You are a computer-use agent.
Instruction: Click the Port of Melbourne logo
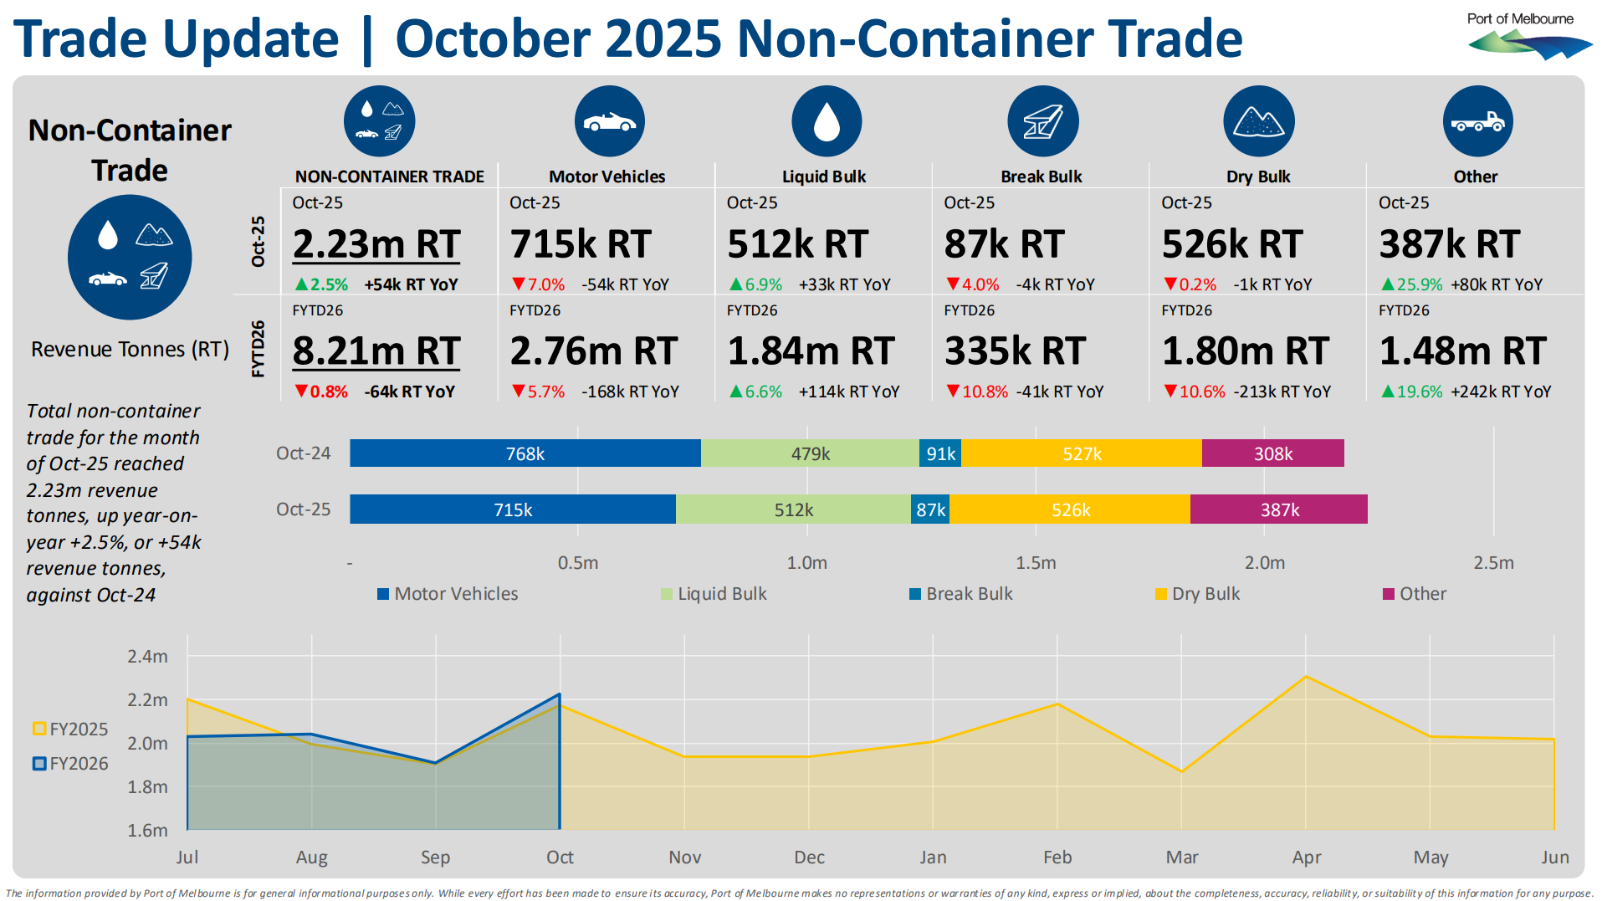(x=1528, y=37)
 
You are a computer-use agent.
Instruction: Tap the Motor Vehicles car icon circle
(x=609, y=121)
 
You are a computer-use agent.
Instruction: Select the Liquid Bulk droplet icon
(x=826, y=121)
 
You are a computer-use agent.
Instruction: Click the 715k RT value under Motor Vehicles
(x=581, y=244)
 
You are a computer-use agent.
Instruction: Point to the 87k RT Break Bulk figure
(x=1004, y=244)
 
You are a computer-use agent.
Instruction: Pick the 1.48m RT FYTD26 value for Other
(x=1462, y=351)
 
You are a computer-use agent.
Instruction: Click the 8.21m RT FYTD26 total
(x=376, y=351)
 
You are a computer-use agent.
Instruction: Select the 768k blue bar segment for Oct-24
(x=525, y=453)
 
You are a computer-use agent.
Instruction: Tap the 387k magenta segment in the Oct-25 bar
(x=1279, y=509)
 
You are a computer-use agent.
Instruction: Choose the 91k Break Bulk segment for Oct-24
(x=940, y=453)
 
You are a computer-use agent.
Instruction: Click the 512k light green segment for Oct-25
(x=793, y=509)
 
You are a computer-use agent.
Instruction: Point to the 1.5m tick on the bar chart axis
(x=1036, y=563)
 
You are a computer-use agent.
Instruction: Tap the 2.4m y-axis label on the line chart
(x=147, y=657)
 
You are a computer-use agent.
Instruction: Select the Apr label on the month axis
(x=1306, y=857)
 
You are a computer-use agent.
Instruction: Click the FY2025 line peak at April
(x=1306, y=676)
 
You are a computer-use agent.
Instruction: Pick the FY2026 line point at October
(x=560, y=694)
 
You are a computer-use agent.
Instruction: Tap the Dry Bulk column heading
(x=1258, y=177)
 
